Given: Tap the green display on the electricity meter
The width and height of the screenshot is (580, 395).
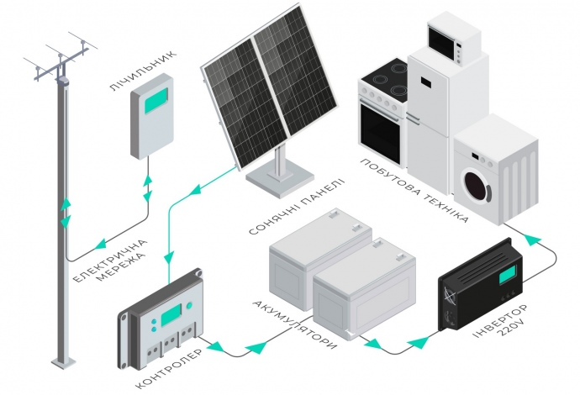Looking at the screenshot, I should [x=155, y=101].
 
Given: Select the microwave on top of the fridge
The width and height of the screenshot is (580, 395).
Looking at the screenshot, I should [x=453, y=38].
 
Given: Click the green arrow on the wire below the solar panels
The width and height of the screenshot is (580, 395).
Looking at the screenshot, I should [x=197, y=192].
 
